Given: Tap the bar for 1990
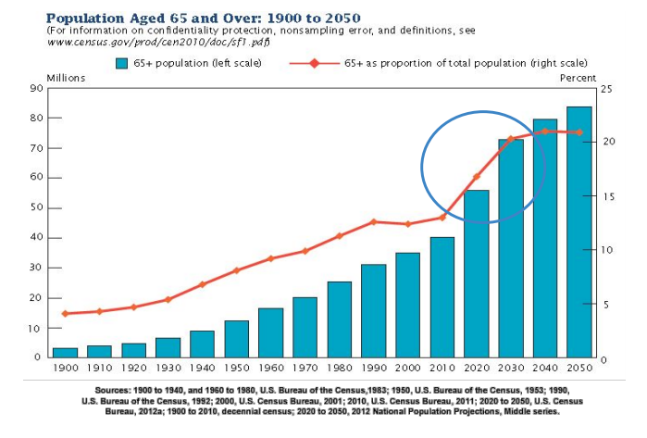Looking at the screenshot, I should (373, 310).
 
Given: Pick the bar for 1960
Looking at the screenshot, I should (270, 332).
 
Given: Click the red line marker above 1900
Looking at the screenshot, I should (65, 314).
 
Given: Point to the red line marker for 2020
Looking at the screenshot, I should (477, 177).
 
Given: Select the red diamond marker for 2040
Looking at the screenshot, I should (544, 131).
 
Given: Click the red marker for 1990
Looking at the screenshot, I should (374, 222).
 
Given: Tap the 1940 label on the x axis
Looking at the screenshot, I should (202, 369).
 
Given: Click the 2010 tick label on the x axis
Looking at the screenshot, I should (442, 369).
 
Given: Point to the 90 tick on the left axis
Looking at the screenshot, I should (37, 89).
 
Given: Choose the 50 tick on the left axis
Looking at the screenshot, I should (37, 208).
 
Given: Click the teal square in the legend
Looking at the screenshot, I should (121, 63).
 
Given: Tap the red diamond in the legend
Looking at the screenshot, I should (314, 63).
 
